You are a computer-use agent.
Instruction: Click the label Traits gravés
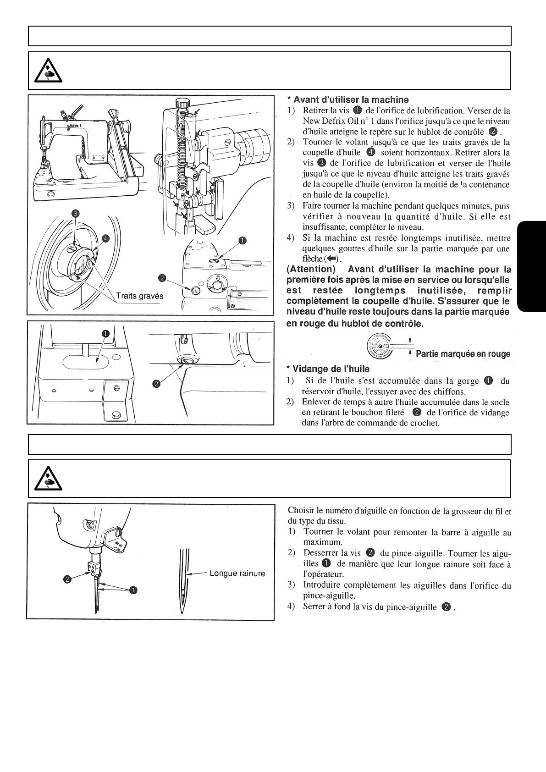pyautogui.click(x=139, y=296)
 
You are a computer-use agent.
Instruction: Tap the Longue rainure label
pyautogui.click(x=237, y=573)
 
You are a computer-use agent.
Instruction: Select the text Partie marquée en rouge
pyautogui.click(x=462, y=354)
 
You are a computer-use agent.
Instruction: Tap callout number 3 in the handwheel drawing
pyautogui.click(x=76, y=213)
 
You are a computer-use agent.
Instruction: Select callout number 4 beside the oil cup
pyautogui.click(x=105, y=238)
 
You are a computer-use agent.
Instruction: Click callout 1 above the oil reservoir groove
pyautogui.click(x=105, y=334)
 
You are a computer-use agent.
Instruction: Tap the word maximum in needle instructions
pyautogui.click(x=320, y=542)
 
